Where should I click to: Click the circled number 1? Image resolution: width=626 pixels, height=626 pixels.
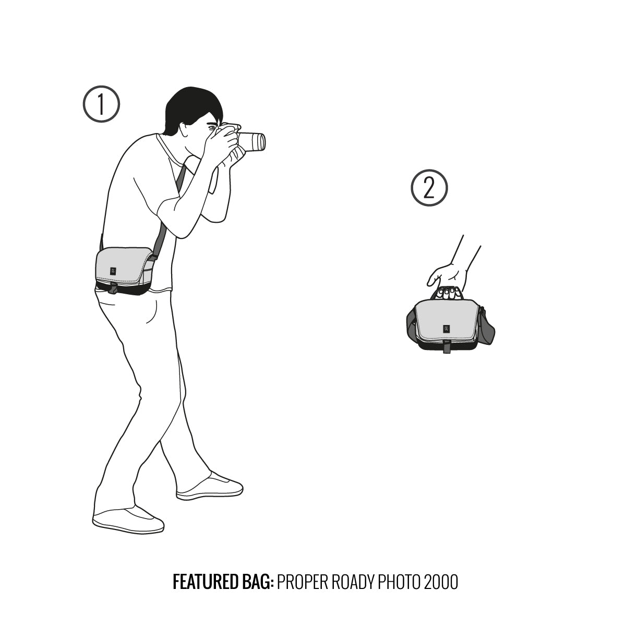pos(101,104)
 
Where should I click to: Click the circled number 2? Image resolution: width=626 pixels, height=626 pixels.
pos(429,188)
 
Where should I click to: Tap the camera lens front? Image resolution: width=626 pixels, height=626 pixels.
pos(260,142)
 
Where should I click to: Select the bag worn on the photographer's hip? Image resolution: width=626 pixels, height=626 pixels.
pos(125,271)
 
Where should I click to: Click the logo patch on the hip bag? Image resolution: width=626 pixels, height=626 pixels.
pos(113,271)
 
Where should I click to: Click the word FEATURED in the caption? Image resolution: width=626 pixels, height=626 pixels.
pos(206,582)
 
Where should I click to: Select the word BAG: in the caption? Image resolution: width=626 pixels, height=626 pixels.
pos(258,582)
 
